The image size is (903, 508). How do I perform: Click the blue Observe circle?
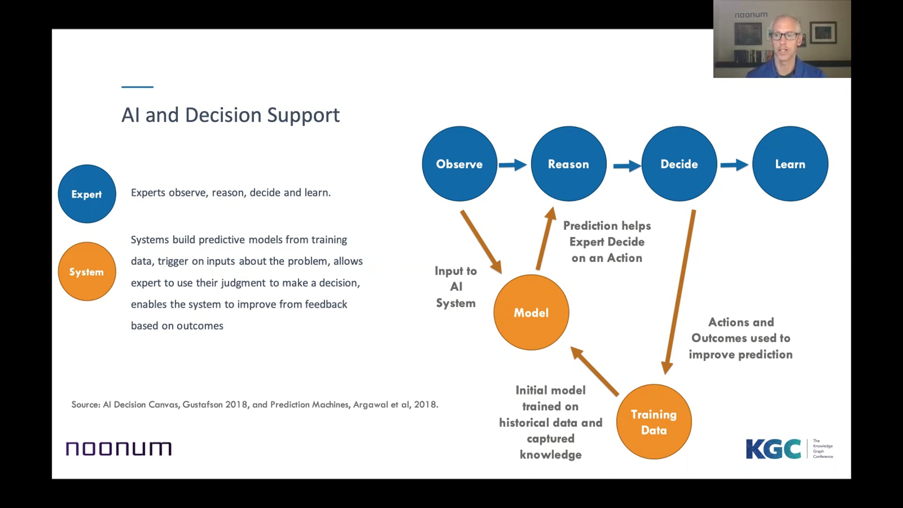pos(459,164)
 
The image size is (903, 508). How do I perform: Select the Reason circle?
pos(568,164)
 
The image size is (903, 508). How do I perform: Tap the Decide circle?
pos(679,164)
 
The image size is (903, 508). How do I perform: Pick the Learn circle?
pos(790,164)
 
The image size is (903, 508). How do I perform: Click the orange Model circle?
pos(531,312)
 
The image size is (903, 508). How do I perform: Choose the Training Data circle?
pos(654,421)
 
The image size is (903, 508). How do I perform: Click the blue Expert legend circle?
pos(87,194)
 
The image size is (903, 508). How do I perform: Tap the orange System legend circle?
pos(87,271)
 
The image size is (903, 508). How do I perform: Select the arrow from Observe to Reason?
pos(513,165)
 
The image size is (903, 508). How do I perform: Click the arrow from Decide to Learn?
pos(734,165)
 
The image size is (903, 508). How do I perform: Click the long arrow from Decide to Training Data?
pos(680,292)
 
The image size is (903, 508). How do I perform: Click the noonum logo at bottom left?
pos(119,449)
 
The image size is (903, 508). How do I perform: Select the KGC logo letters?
pos(773,449)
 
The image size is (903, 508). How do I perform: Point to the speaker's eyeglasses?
pos(784,35)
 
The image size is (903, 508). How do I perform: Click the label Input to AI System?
pos(456,287)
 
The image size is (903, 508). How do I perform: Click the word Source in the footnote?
pos(85,405)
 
